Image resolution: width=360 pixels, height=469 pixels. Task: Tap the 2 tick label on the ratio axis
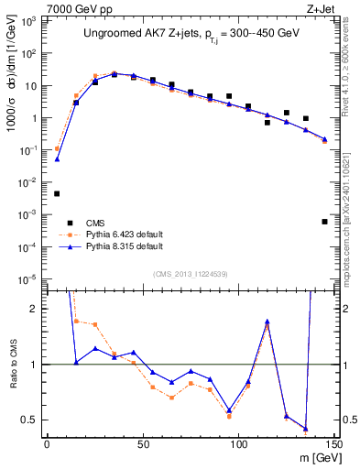point(35,309)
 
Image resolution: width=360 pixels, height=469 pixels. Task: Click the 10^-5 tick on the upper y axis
point(27,278)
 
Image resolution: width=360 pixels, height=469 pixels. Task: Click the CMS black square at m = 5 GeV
point(57,193)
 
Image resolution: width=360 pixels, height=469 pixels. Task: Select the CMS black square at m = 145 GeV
point(324,222)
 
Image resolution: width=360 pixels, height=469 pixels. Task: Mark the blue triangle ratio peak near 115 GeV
point(267,322)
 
